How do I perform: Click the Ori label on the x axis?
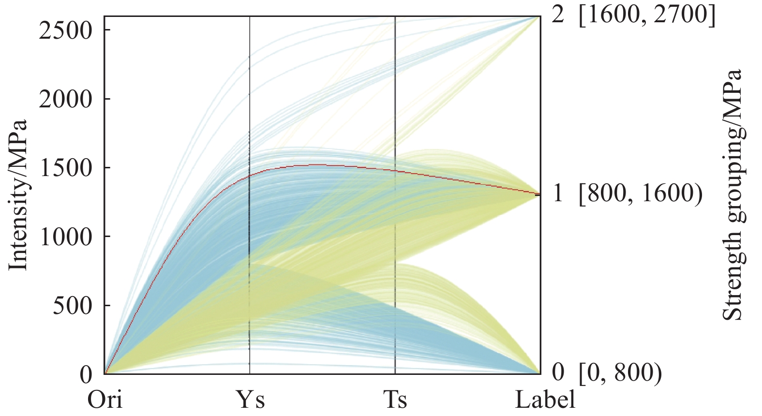(x=105, y=401)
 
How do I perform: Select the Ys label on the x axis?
(x=250, y=401)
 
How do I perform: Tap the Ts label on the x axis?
(x=395, y=401)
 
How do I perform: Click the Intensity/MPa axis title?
(x=18, y=196)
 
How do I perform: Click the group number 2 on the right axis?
(x=558, y=15)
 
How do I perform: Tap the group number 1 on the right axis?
(x=558, y=193)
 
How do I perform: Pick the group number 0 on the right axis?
(x=558, y=372)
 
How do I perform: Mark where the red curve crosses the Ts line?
(x=395, y=171)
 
